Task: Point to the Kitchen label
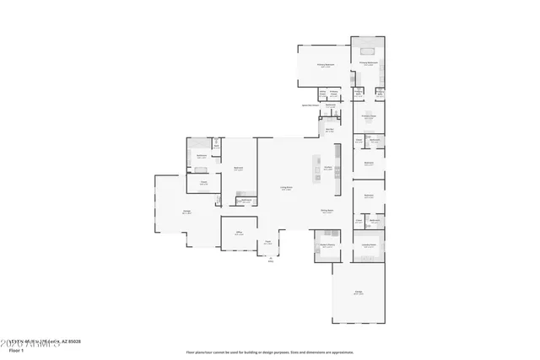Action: click(327, 168)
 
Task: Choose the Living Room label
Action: click(287, 188)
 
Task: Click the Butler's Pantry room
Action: click(327, 246)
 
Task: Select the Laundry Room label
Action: click(369, 246)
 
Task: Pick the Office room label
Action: click(239, 233)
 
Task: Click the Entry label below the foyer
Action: click(272, 260)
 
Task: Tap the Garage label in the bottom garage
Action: click(359, 293)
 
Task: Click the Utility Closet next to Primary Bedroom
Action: click(322, 94)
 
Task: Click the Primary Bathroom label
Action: click(368, 63)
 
